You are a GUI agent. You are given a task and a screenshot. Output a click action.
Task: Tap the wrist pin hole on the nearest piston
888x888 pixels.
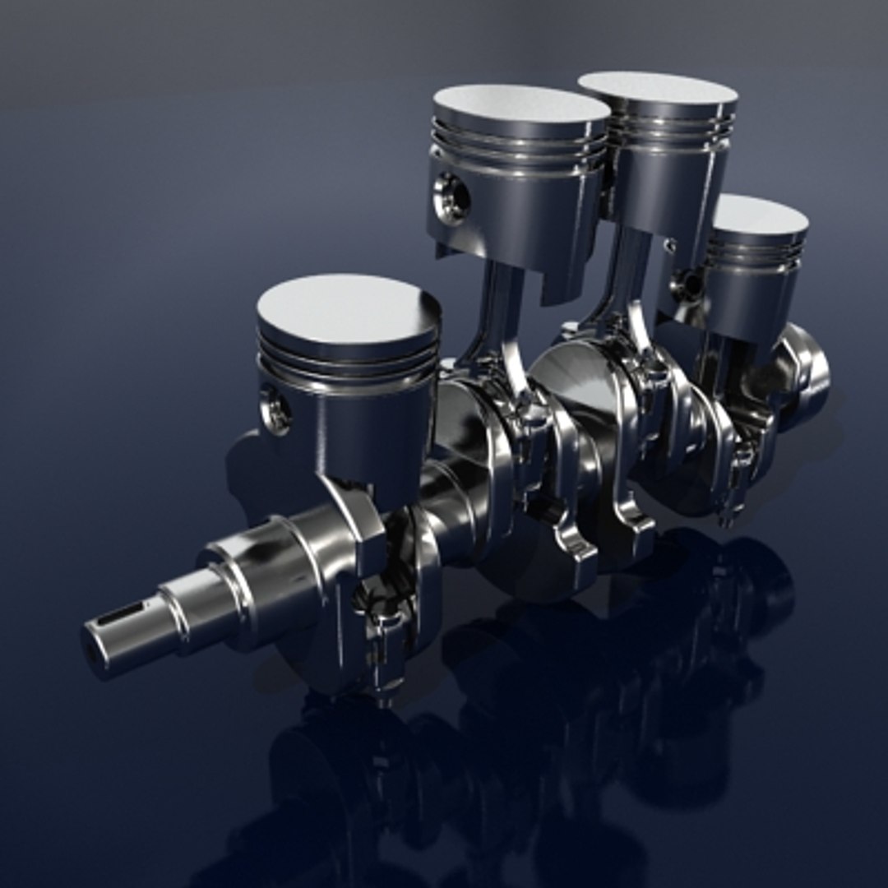275,410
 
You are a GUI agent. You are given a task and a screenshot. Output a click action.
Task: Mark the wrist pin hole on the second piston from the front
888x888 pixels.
451,198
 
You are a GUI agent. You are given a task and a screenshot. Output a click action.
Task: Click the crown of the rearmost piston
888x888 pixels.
758,215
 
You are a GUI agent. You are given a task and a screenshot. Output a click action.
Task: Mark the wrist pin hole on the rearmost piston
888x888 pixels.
689,284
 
